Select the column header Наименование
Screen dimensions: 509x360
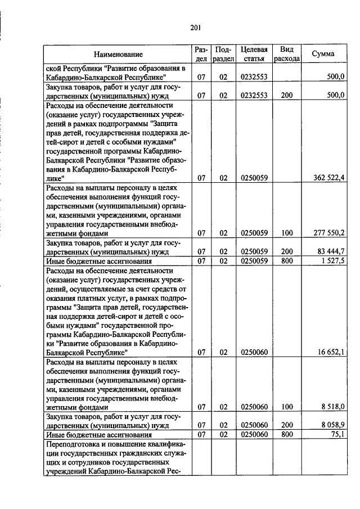pyautogui.click(x=118, y=54)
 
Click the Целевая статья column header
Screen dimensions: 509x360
pyautogui.click(x=253, y=54)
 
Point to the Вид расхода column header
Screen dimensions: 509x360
pyautogui.click(x=287, y=54)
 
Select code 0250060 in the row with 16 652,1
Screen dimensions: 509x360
pyautogui.click(x=253, y=352)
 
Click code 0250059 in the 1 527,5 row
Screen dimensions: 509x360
pyautogui.click(x=253, y=261)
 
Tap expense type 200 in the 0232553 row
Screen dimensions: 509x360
pyautogui.click(x=287, y=96)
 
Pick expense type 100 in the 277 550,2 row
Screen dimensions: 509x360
pyautogui.click(x=287, y=232)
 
